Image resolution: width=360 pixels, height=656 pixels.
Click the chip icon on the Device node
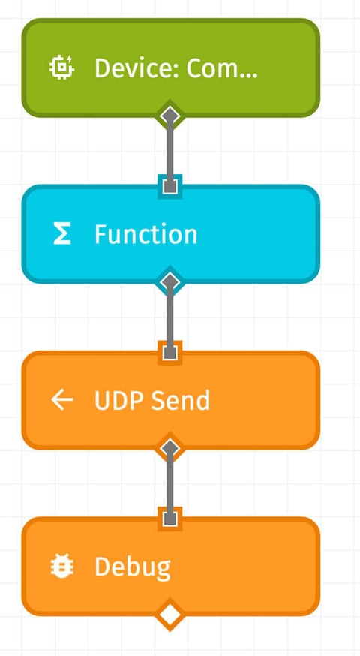[x=61, y=68]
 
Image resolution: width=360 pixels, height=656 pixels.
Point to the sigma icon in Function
[x=62, y=235]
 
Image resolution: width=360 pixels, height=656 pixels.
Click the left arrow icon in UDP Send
[x=62, y=401]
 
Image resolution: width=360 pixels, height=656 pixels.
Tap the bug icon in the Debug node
[x=62, y=567]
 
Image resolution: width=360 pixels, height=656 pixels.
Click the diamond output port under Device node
[x=171, y=116]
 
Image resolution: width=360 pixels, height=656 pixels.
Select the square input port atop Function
[x=171, y=185]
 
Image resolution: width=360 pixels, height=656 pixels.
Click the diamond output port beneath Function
[x=171, y=281]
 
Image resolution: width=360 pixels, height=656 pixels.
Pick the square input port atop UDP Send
[x=171, y=352]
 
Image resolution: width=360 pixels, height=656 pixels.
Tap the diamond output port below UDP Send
[x=171, y=448]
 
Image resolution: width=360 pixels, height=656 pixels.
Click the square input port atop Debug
[x=171, y=518]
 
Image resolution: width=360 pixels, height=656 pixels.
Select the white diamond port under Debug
[x=171, y=615]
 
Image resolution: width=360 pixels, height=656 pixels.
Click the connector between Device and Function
[x=171, y=150]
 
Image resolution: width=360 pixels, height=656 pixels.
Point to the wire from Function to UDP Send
[x=171, y=317]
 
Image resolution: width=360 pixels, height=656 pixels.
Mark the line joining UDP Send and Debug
[x=171, y=483]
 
